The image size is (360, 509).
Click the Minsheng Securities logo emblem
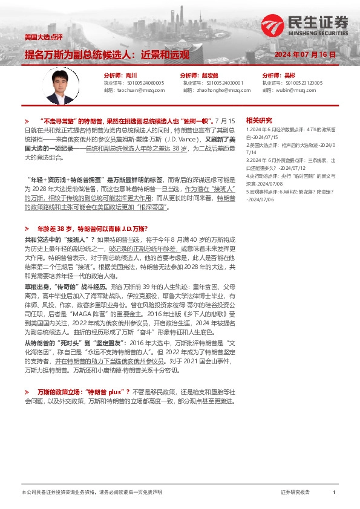click(x=270, y=25)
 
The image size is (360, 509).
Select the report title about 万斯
click(x=106, y=54)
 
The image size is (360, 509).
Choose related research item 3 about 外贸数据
click(x=290, y=160)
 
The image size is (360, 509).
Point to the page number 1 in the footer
click(x=333, y=493)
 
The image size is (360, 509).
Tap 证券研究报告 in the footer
click(x=295, y=493)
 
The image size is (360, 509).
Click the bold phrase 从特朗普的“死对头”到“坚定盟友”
click(x=73, y=342)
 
